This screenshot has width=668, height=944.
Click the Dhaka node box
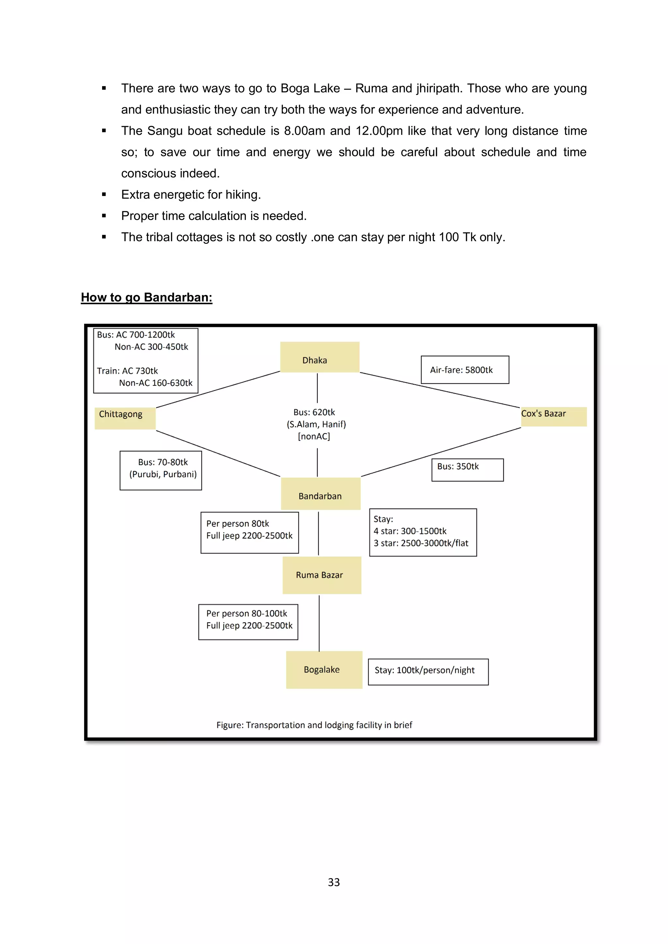tap(320, 357)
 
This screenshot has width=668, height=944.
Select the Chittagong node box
tap(125, 418)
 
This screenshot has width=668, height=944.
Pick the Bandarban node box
tap(320, 494)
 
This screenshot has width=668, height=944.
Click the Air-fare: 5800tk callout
tap(465, 370)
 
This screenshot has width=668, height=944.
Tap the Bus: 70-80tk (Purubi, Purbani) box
tap(161, 470)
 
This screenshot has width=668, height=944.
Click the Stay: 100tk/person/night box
tap(428, 671)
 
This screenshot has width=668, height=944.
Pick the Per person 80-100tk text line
tap(247, 613)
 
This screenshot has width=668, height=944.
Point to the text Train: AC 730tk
tap(128, 371)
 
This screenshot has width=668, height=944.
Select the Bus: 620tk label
tap(314, 412)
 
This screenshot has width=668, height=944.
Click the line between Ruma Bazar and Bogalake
tap(319, 623)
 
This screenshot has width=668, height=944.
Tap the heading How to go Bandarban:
tap(146, 297)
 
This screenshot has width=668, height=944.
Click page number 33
tap(334, 882)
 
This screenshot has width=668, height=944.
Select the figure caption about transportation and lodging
tap(314, 725)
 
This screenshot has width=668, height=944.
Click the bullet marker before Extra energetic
tap(104, 195)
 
